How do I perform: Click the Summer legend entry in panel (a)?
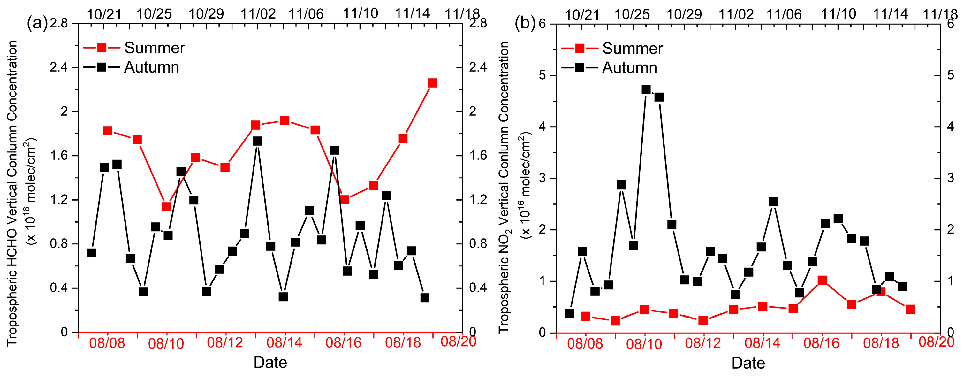point(154,48)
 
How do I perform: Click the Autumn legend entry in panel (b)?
point(629,68)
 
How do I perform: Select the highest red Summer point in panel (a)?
point(432,83)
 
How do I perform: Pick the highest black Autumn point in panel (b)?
point(646,89)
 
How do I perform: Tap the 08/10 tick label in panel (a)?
point(166,343)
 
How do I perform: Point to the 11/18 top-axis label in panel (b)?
point(940,14)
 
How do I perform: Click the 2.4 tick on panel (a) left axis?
point(59,67)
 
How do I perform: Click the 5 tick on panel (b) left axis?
point(542,75)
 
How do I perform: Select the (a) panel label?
point(36,23)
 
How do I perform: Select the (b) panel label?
point(525,23)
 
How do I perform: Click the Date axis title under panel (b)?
point(748,363)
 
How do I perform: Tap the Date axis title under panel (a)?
point(270,363)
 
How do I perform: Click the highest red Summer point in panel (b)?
point(822,280)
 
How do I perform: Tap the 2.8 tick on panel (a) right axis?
point(478,23)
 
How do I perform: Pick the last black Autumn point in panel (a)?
point(424,298)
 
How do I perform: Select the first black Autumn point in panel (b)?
point(570,313)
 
